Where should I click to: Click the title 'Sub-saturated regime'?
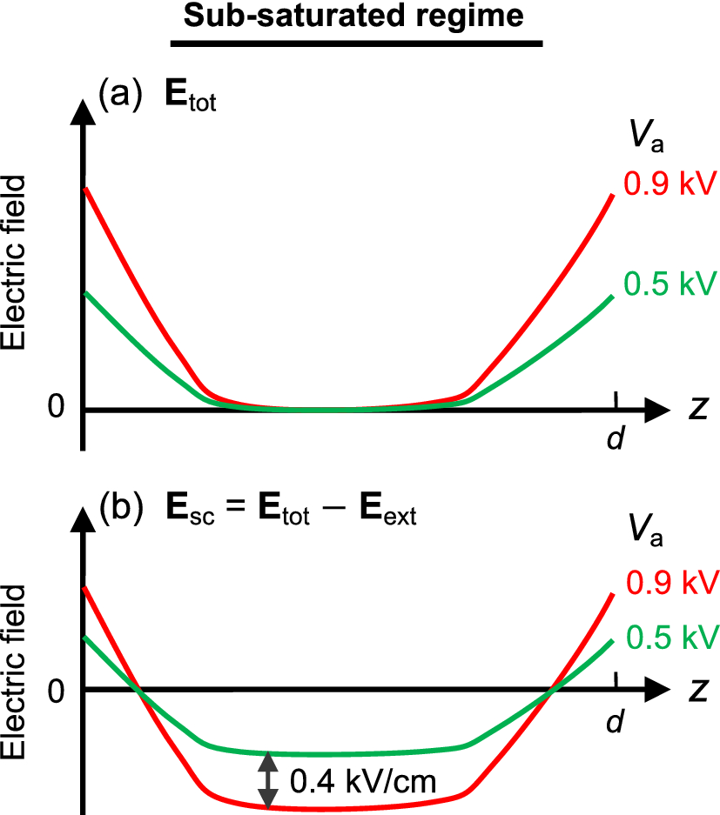tap(356, 17)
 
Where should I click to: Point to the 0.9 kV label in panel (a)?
tap(670, 184)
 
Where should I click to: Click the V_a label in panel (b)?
tap(645, 533)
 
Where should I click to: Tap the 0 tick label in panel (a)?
tap(57, 407)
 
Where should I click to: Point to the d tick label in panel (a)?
tap(616, 439)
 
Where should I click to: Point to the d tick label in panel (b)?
tap(616, 721)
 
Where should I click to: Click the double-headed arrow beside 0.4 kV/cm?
tap(269, 779)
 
